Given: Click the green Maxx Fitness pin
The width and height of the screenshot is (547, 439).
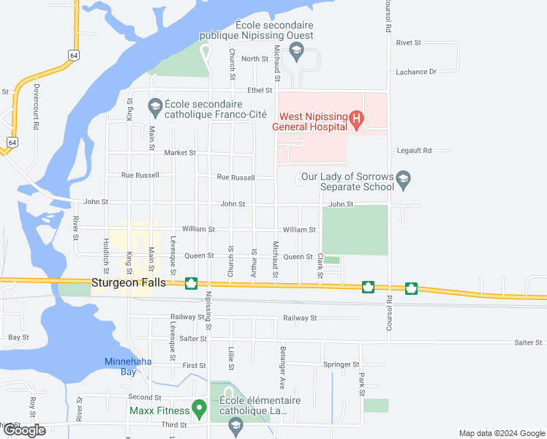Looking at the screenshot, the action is click(x=198, y=408).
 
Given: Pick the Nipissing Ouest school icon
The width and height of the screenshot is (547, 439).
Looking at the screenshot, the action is click(x=296, y=50).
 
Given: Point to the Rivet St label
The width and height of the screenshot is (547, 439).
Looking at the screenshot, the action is click(x=409, y=43).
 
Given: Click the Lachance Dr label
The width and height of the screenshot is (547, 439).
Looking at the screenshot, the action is click(x=416, y=72).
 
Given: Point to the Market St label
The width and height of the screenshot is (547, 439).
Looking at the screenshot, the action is click(x=180, y=153).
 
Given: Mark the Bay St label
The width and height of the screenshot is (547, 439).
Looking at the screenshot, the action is click(x=18, y=337).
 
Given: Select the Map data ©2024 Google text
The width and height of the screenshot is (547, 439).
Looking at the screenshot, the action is click(x=500, y=433).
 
